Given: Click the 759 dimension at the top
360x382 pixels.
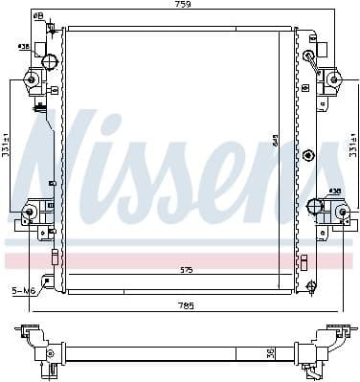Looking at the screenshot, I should click(182, 6).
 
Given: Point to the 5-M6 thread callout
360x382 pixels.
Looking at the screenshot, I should click(22, 289).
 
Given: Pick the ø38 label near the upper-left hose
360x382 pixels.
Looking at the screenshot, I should click(22, 45).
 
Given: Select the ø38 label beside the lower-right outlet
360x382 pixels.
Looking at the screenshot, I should click(336, 191).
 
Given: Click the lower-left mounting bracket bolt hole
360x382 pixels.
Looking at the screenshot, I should click(30, 212).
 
